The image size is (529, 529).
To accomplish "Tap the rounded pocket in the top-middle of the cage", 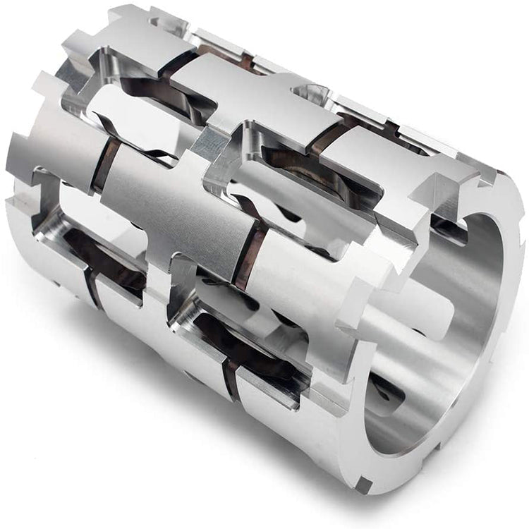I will click(x=310, y=92).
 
